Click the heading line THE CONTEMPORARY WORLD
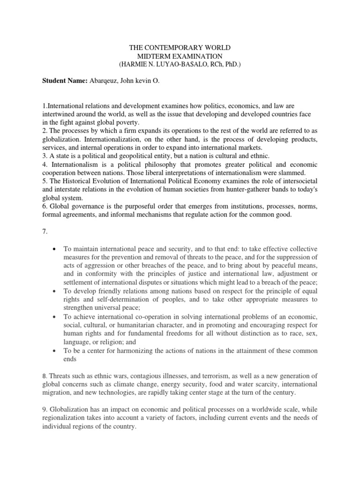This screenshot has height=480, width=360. [x=180, y=48]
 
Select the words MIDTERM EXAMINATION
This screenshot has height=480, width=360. [x=180, y=56]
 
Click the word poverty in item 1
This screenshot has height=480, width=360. [x=131, y=123]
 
